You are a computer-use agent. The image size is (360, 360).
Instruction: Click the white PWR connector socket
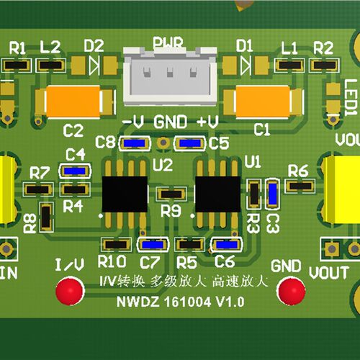170,76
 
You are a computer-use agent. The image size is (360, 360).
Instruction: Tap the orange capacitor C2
73,102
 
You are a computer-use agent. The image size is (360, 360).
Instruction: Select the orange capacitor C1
263,102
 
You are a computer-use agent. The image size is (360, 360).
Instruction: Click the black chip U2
125,194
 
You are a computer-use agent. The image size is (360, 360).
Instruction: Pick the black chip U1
218,194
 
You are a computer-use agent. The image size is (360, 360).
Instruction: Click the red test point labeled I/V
70,291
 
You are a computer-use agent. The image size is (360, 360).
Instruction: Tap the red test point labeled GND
291,291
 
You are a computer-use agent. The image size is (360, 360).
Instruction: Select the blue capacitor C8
135,143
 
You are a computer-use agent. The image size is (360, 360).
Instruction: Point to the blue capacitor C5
190,143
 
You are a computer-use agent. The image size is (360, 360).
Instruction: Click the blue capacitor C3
273,194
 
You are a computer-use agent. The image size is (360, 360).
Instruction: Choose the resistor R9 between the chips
171,194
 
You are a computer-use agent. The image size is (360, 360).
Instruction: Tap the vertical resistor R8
46,217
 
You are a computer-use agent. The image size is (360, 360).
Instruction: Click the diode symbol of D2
94,65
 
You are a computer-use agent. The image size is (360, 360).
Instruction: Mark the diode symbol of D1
246,65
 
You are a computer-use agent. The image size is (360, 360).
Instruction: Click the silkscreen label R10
112,261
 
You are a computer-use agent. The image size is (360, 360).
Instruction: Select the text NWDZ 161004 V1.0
181,302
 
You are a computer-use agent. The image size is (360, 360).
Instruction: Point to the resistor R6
300,186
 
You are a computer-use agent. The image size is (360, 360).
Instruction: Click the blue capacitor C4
75,171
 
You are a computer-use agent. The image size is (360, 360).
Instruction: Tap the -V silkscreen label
133,122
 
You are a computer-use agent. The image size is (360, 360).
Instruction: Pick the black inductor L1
290,65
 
